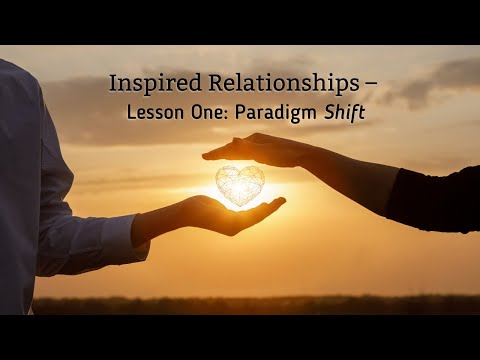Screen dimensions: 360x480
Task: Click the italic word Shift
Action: pyautogui.click(x=344, y=113)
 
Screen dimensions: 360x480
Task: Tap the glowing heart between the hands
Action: pyautogui.click(x=240, y=185)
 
